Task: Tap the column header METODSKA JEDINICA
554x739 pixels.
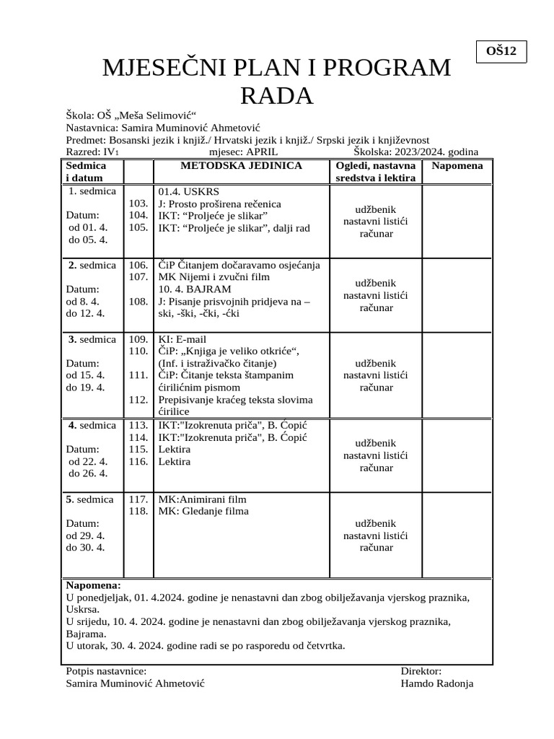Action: click(241, 166)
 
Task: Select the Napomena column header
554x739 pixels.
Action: click(457, 166)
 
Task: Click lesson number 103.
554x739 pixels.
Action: click(138, 204)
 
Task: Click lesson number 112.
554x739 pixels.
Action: click(138, 400)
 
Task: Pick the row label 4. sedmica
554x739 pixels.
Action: click(92, 425)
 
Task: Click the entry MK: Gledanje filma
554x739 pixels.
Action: click(203, 512)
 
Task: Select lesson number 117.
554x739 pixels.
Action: click(138, 499)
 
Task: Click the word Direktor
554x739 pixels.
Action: click(421, 671)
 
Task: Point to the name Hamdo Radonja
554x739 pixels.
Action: click(436, 683)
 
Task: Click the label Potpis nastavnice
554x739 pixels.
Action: click(105, 671)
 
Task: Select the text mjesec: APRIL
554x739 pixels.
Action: click(247, 152)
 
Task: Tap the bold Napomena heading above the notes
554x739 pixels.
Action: click(94, 585)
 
